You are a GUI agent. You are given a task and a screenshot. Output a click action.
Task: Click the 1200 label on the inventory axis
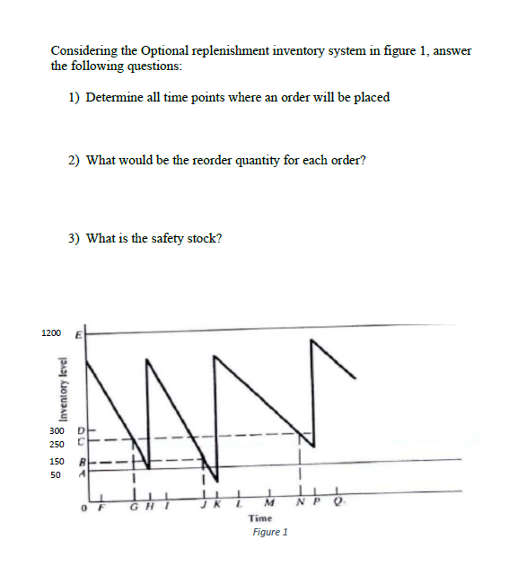51,333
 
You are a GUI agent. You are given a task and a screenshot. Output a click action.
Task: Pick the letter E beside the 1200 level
78,334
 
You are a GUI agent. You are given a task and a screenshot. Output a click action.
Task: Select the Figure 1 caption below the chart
270,532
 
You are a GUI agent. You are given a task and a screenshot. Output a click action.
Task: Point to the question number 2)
75,160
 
